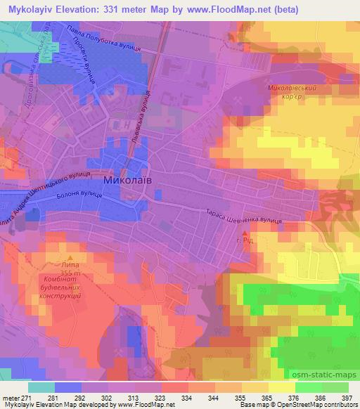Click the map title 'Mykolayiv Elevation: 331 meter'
(95, 10)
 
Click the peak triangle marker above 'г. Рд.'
(245, 233)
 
